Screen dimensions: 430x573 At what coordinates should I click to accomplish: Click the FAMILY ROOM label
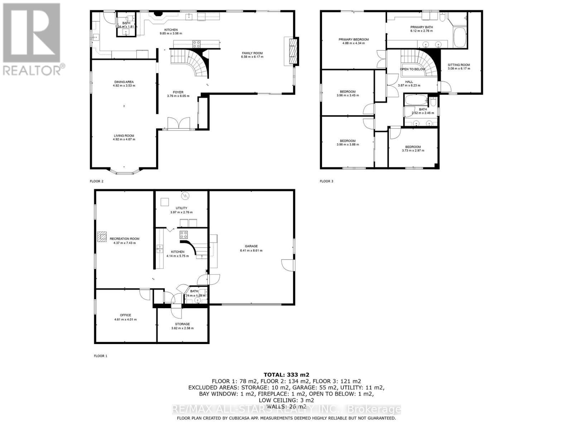pos(252,53)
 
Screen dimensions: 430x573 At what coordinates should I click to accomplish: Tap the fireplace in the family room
pos(293,51)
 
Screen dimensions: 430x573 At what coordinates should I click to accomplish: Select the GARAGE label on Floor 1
pos(251,246)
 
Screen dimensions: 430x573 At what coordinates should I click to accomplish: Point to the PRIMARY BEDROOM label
pos(353,39)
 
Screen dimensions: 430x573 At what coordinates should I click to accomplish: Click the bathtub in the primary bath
pos(459,38)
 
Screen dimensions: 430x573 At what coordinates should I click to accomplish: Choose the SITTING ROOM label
pos(459,65)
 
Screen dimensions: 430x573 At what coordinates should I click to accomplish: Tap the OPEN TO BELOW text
pos(413,69)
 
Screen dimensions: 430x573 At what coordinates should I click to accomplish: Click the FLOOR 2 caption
pos(97,181)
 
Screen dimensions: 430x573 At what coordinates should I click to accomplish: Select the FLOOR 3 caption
pos(326,181)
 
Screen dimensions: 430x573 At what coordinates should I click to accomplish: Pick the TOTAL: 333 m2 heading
pos(286,375)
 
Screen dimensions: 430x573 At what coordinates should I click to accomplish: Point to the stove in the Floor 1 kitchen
pos(184,235)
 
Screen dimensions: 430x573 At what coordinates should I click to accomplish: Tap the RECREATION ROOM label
pos(124,239)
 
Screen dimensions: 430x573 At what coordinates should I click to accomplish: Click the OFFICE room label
pos(125,315)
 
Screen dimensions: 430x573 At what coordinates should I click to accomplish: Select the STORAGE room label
pos(182,324)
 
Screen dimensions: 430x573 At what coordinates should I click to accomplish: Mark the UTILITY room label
pos(181,208)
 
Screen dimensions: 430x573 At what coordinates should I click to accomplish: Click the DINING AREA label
pos(124,82)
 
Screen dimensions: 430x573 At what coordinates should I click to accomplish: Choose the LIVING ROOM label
pos(124,136)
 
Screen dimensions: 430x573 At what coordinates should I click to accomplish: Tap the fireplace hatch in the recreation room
pos(102,237)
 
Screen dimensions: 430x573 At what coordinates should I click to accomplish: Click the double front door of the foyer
pos(178,123)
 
